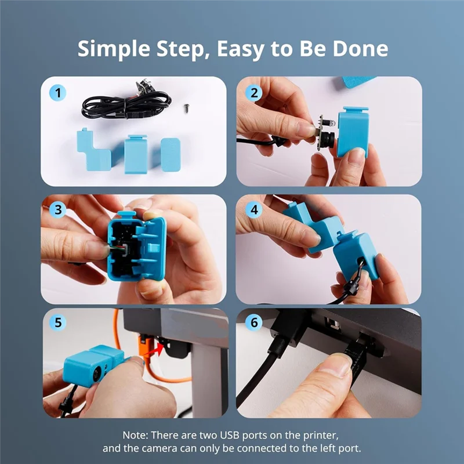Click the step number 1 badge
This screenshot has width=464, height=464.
coord(57,92)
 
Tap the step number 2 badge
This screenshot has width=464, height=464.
coord(253,92)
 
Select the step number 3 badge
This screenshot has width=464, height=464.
coord(57,210)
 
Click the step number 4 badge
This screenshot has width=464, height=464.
coord(253,210)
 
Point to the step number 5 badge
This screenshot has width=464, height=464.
coord(57,323)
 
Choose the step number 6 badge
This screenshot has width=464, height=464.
coord(253,323)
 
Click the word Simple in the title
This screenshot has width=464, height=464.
coord(110,49)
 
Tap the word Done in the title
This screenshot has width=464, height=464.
coord(360,49)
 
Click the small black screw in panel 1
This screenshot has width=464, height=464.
coord(187,107)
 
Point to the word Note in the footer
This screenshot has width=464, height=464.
coord(135,434)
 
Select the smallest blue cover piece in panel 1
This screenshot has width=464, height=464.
coord(171,154)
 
